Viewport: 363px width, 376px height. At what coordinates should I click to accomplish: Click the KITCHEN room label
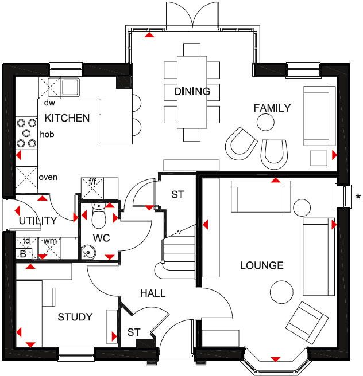(67, 118)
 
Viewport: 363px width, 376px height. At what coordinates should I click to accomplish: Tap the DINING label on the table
(192, 91)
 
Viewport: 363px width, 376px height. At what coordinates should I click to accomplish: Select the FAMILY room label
(272, 108)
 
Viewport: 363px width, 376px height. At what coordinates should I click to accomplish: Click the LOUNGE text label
(262, 265)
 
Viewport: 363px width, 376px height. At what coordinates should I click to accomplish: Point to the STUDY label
(75, 316)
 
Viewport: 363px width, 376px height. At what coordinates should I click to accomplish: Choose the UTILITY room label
(38, 220)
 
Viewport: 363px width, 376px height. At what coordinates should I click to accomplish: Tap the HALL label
(153, 293)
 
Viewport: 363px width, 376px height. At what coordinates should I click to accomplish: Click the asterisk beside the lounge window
(358, 198)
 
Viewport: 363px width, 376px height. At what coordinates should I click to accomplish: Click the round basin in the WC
(88, 250)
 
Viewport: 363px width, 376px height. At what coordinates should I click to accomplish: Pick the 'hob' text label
(47, 134)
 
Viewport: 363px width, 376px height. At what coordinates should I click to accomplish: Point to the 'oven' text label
(48, 177)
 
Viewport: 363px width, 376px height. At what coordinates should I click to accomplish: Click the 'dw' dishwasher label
(49, 103)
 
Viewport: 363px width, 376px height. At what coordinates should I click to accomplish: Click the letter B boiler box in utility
(22, 253)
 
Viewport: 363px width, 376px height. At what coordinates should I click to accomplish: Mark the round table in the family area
(265, 122)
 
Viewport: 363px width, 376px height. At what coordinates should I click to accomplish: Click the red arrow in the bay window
(276, 359)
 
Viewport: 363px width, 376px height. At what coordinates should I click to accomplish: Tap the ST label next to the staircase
(177, 195)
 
